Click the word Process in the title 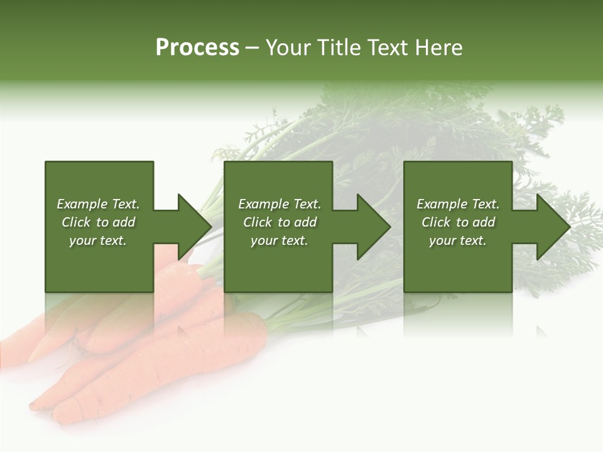coord(197,48)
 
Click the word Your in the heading coord(288,48)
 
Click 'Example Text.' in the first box coord(98,204)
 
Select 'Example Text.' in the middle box coord(280,204)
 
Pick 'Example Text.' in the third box coord(458,204)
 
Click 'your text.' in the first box coord(98,240)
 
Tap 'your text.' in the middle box coord(280,240)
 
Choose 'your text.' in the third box coord(458,240)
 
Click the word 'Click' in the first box coord(76,222)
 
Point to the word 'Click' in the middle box coord(258,222)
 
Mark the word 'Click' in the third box coord(436,222)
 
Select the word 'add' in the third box coord(484,222)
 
